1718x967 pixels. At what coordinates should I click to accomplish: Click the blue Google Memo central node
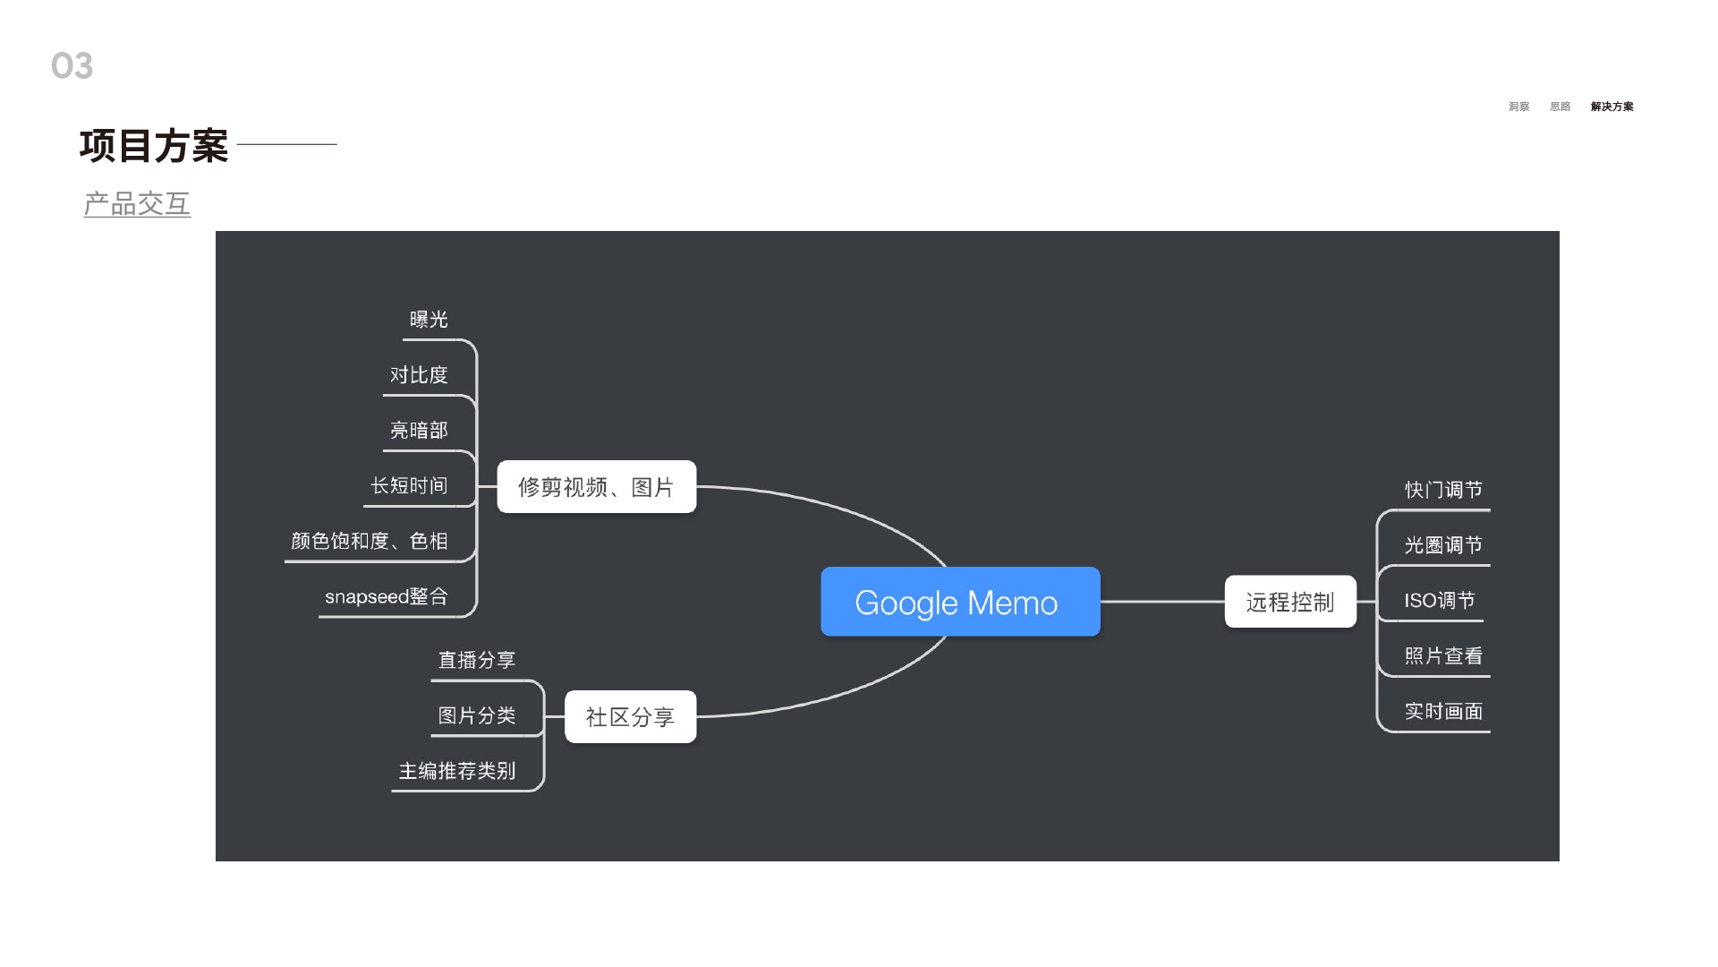(x=960, y=602)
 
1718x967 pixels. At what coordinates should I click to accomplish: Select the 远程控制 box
(x=1290, y=602)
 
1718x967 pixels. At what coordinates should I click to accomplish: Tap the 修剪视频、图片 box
(x=596, y=487)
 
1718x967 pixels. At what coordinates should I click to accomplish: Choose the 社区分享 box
(x=630, y=716)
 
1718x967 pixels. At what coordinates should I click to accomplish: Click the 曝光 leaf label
(x=429, y=320)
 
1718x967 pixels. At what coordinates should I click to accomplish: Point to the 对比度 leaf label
(x=419, y=375)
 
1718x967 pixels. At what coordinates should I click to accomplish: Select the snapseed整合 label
(x=386, y=596)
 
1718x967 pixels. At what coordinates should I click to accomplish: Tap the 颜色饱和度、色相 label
(x=369, y=541)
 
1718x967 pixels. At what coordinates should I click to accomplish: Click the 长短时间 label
(x=409, y=485)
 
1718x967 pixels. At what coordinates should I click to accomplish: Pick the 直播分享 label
(x=477, y=660)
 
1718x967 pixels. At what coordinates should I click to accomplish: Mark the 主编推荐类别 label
(x=457, y=771)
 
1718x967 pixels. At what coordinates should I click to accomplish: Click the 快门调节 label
(x=1443, y=490)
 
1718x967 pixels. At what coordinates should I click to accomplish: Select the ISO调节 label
(x=1439, y=601)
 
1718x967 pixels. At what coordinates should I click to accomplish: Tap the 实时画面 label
(x=1443, y=712)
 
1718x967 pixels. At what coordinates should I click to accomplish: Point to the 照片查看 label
(x=1443, y=656)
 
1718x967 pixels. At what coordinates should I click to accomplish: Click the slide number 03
(x=72, y=66)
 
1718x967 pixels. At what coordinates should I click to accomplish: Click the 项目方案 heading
(x=154, y=146)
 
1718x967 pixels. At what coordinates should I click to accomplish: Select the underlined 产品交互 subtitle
(x=137, y=204)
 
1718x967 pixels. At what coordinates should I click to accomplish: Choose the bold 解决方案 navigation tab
(x=1612, y=107)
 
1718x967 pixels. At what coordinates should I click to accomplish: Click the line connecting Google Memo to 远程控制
(x=1161, y=602)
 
